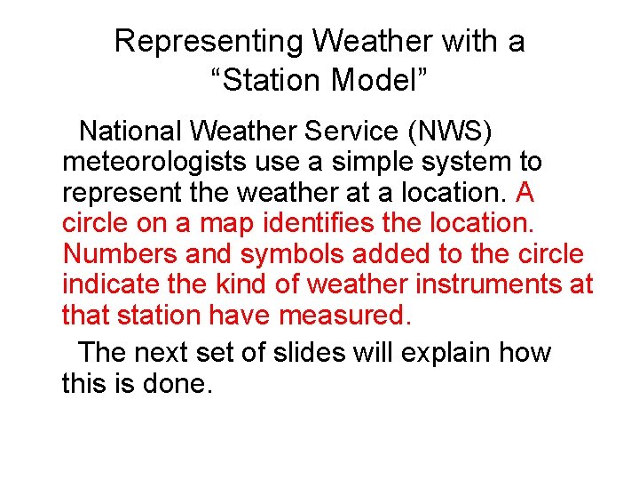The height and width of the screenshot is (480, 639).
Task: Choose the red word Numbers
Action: [x=121, y=254]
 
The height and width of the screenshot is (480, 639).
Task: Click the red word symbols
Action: [x=289, y=254]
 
